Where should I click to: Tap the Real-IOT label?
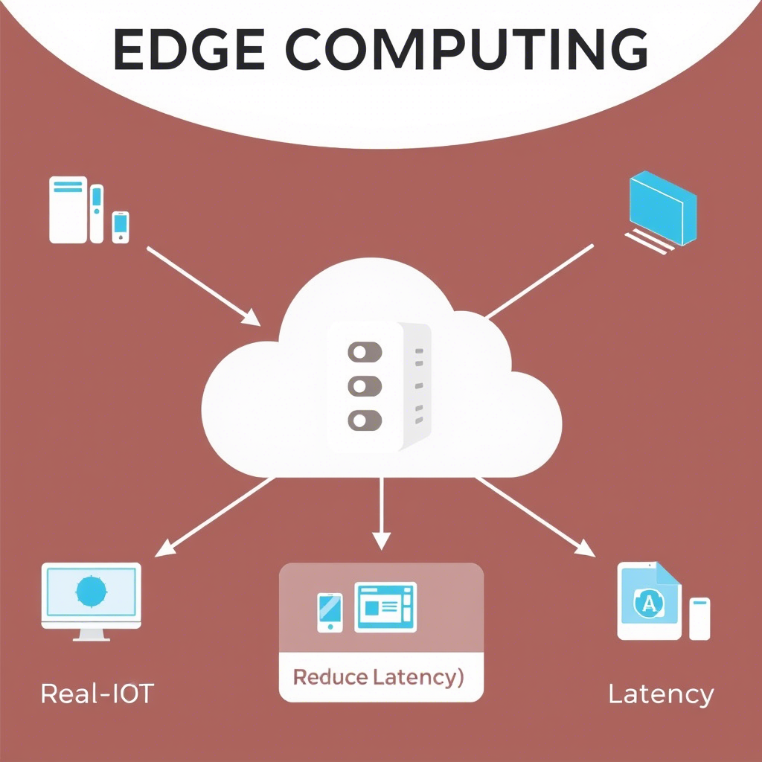(97, 694)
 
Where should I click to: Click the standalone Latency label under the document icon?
(661, 694)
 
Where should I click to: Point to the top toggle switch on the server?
(365, 351)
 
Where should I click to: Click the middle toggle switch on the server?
(365, 385)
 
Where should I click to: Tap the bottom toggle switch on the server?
(365, 420)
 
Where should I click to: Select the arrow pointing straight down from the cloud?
(381, 513)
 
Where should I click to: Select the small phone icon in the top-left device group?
(121, 226)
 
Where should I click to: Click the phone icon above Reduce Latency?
(330, 612)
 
